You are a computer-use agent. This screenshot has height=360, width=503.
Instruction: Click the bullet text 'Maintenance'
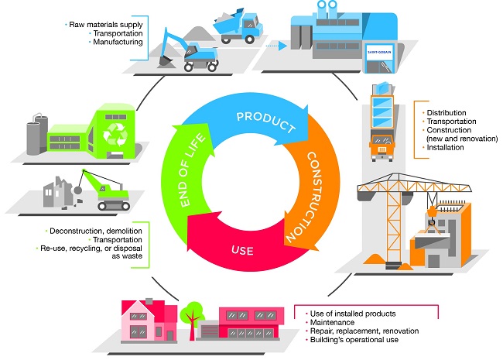[x=330, y=322]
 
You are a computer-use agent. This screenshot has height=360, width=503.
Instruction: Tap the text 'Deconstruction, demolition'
[x=95, y=231]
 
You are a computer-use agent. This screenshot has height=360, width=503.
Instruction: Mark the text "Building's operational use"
[x=353, y=339]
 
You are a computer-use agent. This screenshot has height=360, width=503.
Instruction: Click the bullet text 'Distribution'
[x=444, y=113]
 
